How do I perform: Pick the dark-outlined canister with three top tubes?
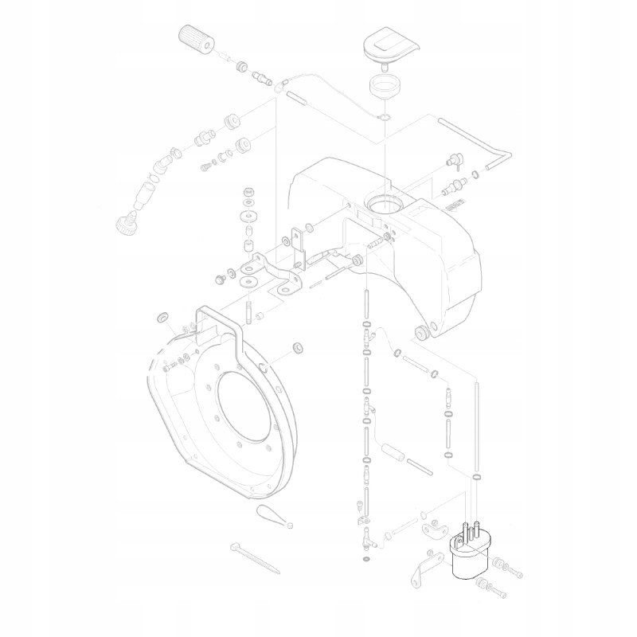click(467, 554)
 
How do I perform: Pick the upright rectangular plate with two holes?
click(299, 246)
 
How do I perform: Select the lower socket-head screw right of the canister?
click(491, 590)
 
